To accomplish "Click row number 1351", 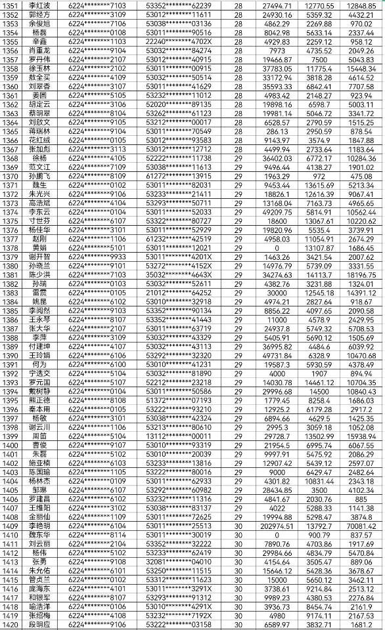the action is (x=11, y=5).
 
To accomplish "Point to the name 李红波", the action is (x=39, y=5).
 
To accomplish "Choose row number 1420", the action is (x=11, y=625).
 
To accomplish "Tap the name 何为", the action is (x=39, y=364).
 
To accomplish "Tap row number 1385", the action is (x=11, y=310).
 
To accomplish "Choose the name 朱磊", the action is (x=39, y=454).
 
